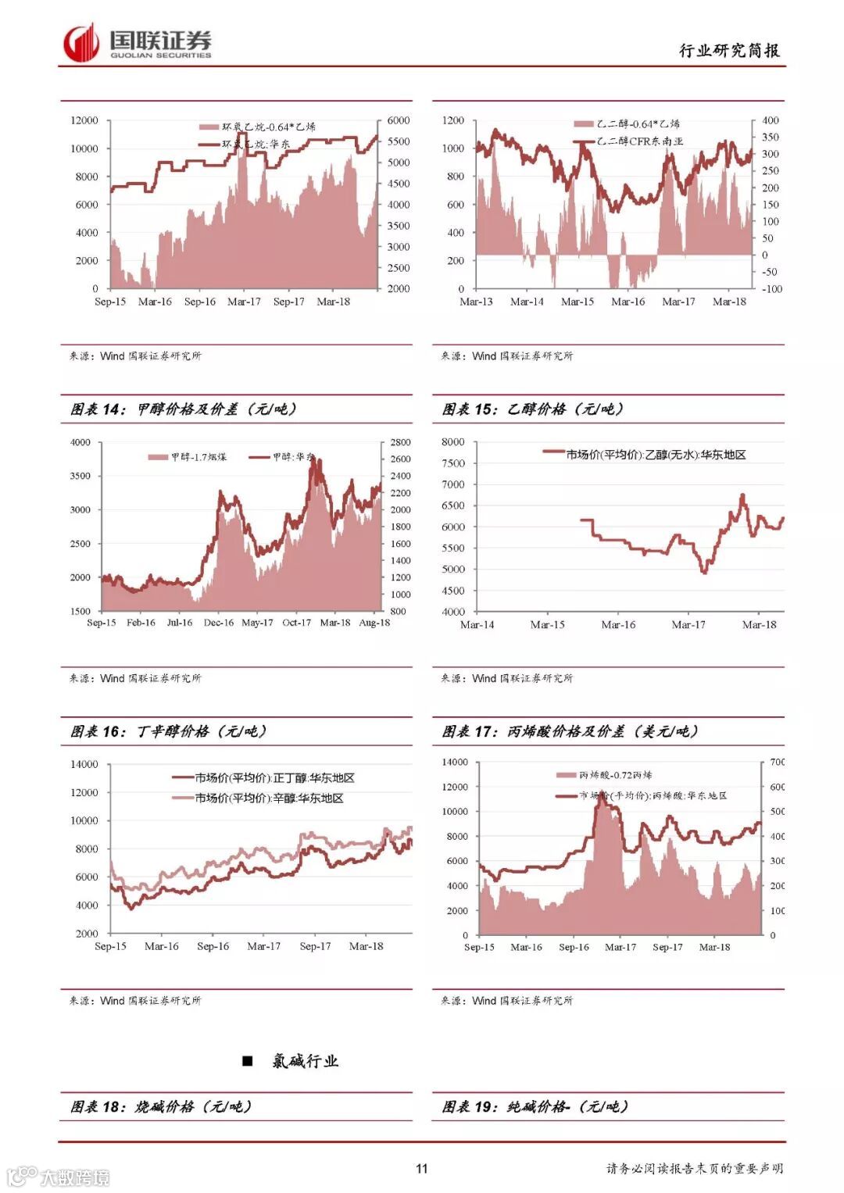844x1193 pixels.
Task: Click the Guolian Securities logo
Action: (138, 42)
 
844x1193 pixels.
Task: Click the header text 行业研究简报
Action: (728, 51)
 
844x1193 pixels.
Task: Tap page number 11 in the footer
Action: (422, 1168)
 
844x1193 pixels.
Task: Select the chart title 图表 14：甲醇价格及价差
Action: (183, 409)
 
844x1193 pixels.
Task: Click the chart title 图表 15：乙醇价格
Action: (532, 409)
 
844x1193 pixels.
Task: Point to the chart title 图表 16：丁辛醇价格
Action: (168, 731)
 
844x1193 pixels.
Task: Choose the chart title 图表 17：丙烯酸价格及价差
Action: (569, 731)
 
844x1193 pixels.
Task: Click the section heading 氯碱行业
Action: (305, 1060)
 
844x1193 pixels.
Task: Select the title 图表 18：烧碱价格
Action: (160, 1106)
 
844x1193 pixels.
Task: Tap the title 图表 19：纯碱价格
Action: (535, 1106)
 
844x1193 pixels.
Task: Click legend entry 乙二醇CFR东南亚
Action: (639, 141)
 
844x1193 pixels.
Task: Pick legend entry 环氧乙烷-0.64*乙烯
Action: (268, 127)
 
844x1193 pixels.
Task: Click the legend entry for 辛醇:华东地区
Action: (269, 798)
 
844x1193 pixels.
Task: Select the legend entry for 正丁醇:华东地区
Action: (274, 778)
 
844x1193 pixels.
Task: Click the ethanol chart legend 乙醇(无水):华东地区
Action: (656, 454)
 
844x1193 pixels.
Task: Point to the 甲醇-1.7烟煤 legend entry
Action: (198, 457)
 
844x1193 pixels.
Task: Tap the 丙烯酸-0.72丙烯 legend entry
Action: (615, 775)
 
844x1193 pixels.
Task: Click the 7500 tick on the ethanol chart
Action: (452, 463)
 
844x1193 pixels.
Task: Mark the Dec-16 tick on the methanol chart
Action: (218, 623)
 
